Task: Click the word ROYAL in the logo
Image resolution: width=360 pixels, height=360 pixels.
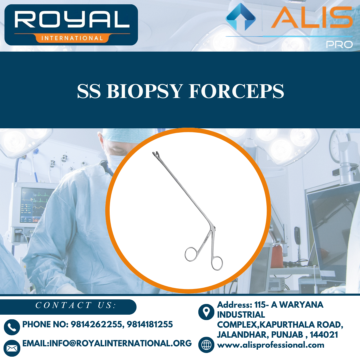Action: [71, 20]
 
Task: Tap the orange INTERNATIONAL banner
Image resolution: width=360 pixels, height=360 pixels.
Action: [71, 38]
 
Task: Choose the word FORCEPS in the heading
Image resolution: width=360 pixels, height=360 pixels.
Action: [236, 91]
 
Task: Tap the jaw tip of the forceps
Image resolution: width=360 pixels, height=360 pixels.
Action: [156, 154]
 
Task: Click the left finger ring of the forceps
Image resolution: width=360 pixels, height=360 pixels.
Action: [192, 254]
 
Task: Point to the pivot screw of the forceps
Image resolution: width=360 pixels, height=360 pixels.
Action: [213, 228]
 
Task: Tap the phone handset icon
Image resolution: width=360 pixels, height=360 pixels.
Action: [12, 327]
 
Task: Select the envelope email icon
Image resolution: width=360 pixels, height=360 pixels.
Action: [12, 348]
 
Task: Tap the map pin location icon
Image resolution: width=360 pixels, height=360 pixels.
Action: [206, 312]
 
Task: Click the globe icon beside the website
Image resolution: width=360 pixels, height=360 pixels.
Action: [206, 345]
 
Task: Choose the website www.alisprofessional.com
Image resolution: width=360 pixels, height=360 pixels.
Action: [270, 345]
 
